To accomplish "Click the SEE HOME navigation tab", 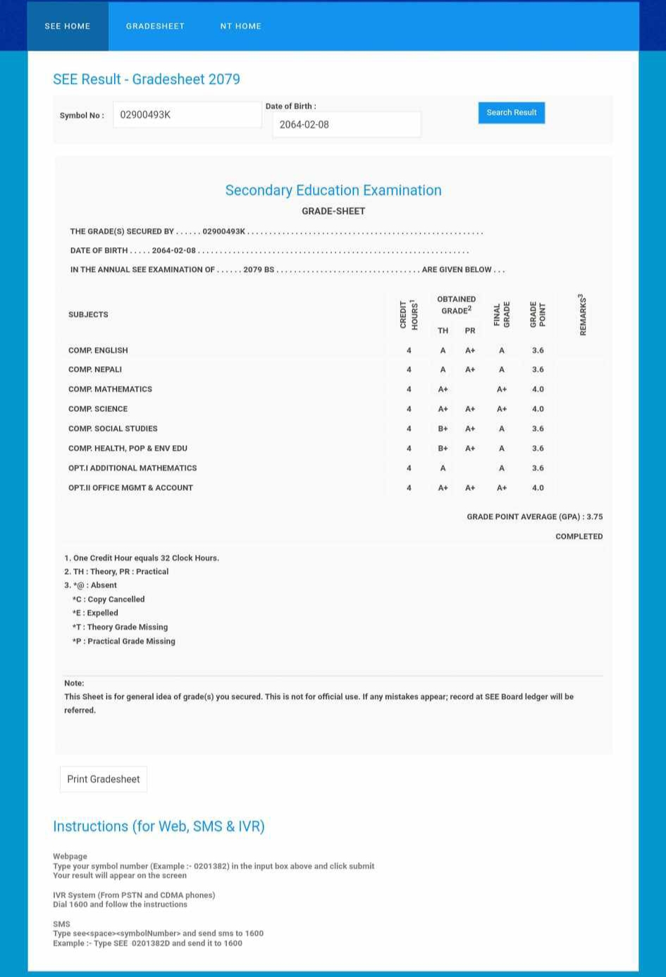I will click(x=68, y=26).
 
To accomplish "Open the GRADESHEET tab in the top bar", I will click(x=155, y=26).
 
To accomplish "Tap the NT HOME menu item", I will click(x=240, y=26).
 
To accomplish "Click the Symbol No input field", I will click(x=187, y=115).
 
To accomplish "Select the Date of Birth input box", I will click(x=346, y=125).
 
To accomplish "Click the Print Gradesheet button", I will click(x=104, y=779).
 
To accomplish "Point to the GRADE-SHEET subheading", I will click(x=333, y=211).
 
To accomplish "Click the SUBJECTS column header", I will click(x=88, y=314).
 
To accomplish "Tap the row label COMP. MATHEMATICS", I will click(x=110, y=389).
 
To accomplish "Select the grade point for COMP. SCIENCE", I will click(x=538, y=409).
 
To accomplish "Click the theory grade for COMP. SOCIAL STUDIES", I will click(x=443, y=428).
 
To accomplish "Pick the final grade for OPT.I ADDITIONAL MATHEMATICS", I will click(x=502, y=468).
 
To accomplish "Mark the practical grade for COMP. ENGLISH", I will click(x=470, y=350).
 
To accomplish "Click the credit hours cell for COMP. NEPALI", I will click(x=409, y=369).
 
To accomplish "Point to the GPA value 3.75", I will click(x=594, y=516).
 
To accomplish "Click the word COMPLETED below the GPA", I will click(x=579, y=536).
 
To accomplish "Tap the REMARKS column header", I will click(x=582, y=314).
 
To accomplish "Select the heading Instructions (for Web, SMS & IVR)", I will click(x=159, y=826).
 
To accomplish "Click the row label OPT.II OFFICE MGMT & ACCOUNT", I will click(x=130, y=487).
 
